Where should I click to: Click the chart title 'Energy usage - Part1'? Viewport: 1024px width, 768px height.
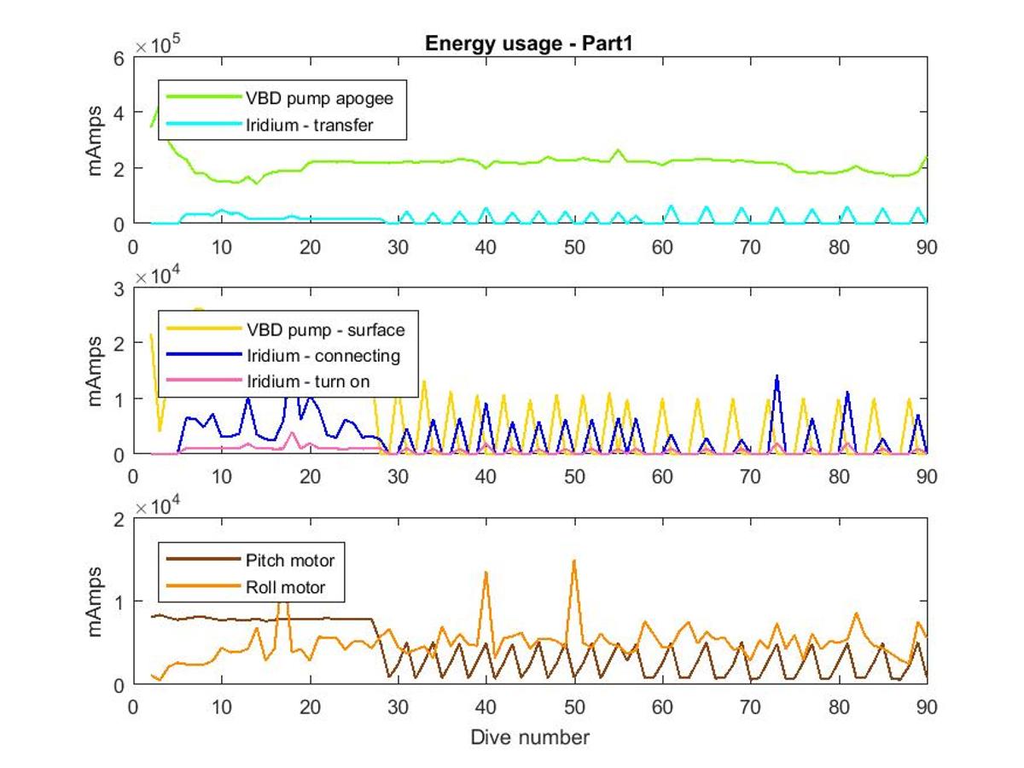(528, 44)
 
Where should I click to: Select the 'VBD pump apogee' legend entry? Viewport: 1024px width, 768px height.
(279, 98)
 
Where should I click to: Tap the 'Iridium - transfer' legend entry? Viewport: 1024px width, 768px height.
(270, 125)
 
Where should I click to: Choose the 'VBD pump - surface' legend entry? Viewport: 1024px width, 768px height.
(286, 329)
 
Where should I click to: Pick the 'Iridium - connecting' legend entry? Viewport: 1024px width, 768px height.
(283, 355)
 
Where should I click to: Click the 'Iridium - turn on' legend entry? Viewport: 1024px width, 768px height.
(268, 381)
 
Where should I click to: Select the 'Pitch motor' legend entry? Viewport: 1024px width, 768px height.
(250, 560)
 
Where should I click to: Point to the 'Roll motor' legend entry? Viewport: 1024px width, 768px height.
(246, 587)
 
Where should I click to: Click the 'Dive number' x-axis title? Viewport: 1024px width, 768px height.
(530, 737)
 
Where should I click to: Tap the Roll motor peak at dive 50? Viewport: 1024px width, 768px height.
(573, 561)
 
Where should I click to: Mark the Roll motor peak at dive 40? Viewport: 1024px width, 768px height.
(486, 573)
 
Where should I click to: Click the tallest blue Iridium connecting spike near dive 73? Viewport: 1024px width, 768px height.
(777, 376)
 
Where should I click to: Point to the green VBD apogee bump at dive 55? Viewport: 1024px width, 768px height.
(618, 150)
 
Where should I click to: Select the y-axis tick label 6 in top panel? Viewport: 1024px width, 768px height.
(119, 59)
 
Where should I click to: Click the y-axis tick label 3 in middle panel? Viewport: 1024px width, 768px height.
(119, 289)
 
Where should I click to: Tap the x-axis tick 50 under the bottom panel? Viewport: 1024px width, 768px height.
(573, 707)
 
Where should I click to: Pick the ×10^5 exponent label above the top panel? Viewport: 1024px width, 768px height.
(157, 44)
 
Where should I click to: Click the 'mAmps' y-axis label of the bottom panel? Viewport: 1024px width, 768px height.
(94, 602)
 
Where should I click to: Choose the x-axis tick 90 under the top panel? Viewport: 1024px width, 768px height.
(927, 247)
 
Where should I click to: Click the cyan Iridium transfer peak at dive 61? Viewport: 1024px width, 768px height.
(672, 207)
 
